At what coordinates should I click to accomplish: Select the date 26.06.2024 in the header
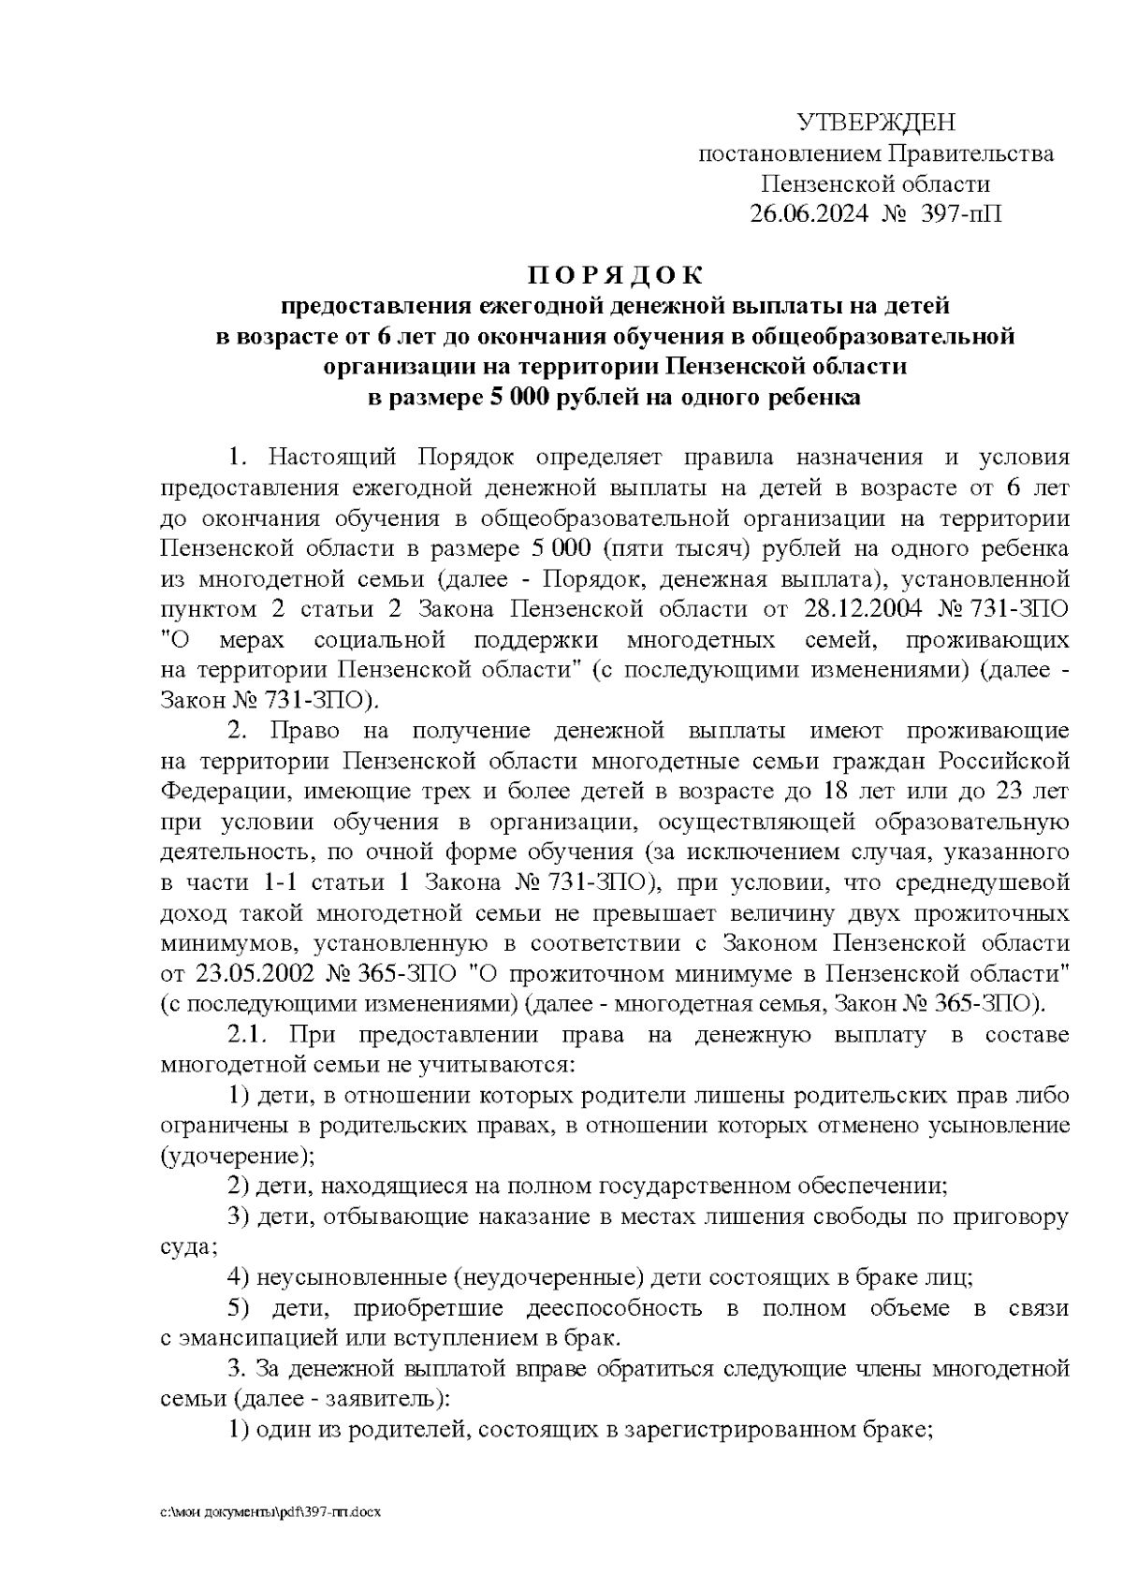[x=809, y=214]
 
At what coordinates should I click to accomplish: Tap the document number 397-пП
[x=961, y=214]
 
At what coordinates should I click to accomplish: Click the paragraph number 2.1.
[x=249, y=1034]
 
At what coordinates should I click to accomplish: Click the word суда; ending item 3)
[x=189, y=1247]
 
